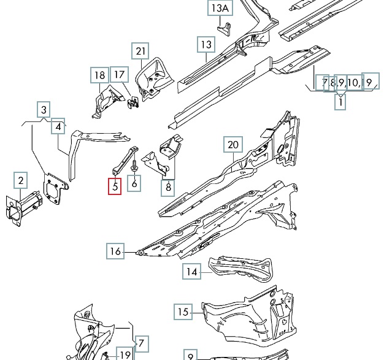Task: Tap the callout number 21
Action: [x=141, y=50]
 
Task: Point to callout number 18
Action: [x=99, y=75]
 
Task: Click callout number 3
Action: [x=44, y=110]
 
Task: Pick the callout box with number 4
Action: [x=58, y=127]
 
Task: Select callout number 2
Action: [x=21, y=180]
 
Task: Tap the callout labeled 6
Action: [x=134, y=182]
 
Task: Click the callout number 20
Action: [x=232, y=145]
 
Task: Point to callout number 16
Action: [x=115, y=251]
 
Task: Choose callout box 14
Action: [x=192, y=271]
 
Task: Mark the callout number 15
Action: [x=182, y=312]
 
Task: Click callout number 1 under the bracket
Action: [x=340, y=103]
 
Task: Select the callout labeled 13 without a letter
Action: [x=206, y=44]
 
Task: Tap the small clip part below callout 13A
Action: [x=226, y=28]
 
